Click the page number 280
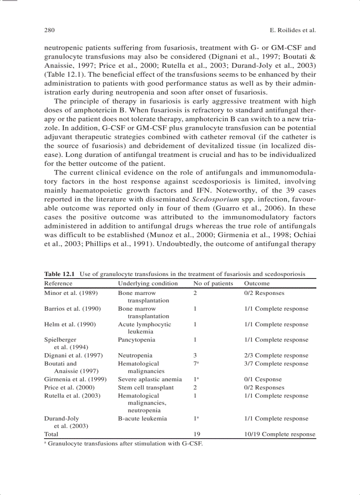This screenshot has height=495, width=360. [49, 30]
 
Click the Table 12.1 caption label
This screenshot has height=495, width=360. [61, 274]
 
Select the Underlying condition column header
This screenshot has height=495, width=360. [148, 283]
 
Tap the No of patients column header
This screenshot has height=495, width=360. [213, 283]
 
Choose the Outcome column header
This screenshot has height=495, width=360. [257, 283]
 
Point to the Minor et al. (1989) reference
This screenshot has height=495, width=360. [71, 293]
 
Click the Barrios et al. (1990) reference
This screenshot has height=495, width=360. [72, 309]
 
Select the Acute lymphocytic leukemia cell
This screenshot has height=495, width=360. [144, 328]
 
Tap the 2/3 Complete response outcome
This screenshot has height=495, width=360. [276, 355]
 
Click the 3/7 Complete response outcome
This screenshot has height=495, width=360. [276, 364]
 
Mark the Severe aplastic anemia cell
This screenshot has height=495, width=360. [150, 379]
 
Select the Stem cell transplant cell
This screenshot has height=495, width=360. [146, 387]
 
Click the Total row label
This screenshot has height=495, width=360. [51, 434]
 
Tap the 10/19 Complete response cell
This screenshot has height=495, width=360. [280, 434]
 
